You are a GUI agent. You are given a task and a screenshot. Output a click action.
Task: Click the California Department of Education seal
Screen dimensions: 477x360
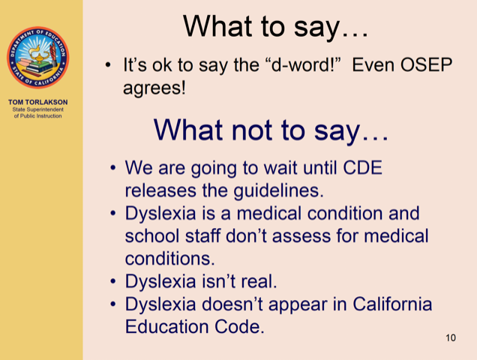coord(38,58)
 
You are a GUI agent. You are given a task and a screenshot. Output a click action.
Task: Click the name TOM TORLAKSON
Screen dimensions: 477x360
coord(38,102)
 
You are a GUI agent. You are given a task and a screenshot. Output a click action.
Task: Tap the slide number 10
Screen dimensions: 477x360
coord(451,337)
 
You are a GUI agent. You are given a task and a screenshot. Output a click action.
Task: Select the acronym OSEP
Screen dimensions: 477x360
coord(426,64)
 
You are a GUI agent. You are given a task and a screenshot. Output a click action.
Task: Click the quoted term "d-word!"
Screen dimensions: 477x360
coord(305,64)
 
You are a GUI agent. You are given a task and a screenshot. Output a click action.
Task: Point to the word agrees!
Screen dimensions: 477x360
coord(154,88)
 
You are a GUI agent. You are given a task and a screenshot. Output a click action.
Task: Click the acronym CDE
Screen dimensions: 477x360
coord(362,168)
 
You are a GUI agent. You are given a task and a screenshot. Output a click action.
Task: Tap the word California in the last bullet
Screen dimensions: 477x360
coord(392,304)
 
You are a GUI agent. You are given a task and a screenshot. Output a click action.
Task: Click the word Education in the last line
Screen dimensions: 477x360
coord(167,327)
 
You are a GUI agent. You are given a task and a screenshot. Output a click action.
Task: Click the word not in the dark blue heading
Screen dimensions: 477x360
coord(253,130)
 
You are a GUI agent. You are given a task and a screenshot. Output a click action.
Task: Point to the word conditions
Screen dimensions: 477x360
coord(169,259)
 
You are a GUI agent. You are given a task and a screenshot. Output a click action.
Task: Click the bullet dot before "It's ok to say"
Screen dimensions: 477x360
coord(108,64)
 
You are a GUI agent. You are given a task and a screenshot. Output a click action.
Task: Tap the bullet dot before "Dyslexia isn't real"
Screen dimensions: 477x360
coord(113,281)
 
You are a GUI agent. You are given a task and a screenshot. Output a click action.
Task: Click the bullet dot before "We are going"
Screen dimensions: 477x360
coord(113,168)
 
